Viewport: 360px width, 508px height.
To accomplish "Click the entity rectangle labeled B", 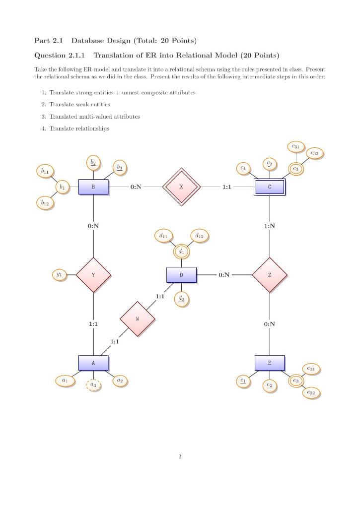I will point(93,187).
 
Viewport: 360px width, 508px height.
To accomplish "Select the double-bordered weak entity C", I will point(270,187).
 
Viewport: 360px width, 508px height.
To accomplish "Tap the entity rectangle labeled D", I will point(181,274).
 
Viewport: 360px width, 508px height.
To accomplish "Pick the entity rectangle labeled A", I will point(93,363).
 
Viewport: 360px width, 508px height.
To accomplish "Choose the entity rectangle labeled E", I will point(270,363).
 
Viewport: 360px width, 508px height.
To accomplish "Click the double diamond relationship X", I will point(181,187).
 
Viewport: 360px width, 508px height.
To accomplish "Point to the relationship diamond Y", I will point(93,274).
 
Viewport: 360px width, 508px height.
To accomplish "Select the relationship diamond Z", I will point(270,274).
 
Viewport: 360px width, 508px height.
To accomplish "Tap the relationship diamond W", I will point(138,318).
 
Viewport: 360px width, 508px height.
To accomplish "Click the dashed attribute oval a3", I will point(93,385).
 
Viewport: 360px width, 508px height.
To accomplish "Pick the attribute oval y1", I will point(60,274).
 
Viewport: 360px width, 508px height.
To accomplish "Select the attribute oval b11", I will point(45,171).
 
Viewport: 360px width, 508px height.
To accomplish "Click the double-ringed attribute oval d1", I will point(181,252).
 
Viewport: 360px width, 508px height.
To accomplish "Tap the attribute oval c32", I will point(314,154).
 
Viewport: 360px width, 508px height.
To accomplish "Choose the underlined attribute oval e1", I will point(242,381).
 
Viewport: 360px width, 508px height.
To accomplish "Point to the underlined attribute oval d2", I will point(181,299).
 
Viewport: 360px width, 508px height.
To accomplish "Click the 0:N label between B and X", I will point(136,187).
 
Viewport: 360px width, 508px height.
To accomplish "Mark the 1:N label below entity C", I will point(270,226).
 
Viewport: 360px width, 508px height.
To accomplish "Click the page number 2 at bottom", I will point(180,456).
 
